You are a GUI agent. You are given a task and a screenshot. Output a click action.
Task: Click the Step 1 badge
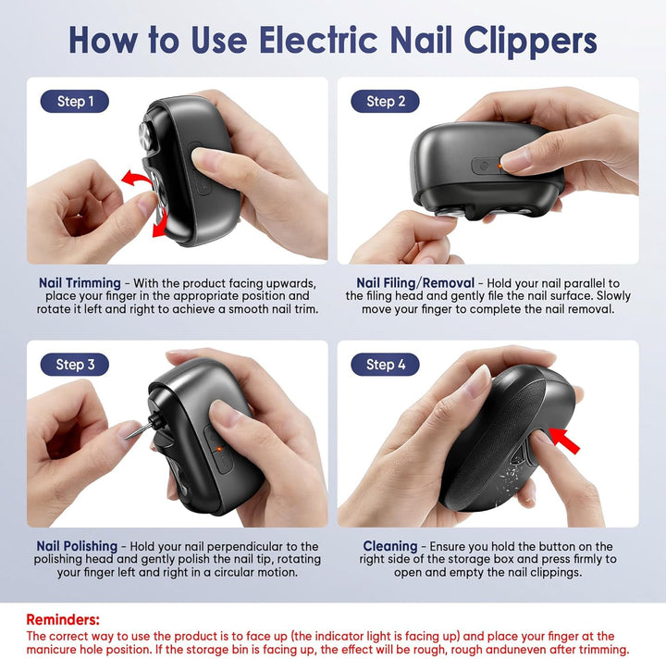(75, 101)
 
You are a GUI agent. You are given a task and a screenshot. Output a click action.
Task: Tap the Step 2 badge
(385, 101)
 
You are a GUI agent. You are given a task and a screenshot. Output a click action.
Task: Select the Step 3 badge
(75, 365)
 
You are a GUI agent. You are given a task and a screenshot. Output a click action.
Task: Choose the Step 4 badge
(385, 365)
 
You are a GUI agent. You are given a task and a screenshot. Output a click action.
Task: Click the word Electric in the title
(318, 40)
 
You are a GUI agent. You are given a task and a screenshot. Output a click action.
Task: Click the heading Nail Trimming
(80, 283)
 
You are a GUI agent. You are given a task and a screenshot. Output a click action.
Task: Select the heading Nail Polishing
(77, 546)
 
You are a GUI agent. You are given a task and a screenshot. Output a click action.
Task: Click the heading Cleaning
(390, 546)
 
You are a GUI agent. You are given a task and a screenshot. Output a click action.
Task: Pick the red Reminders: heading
(63, 619)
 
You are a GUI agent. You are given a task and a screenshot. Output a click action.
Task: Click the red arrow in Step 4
(564, 441)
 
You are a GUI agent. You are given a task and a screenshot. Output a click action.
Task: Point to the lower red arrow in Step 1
(160, 224)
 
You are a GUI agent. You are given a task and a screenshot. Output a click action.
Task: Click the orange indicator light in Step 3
(218, 449)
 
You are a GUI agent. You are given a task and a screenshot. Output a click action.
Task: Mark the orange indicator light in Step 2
(499, 166)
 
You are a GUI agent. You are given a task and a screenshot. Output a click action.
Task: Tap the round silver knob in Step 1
(145, 135)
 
